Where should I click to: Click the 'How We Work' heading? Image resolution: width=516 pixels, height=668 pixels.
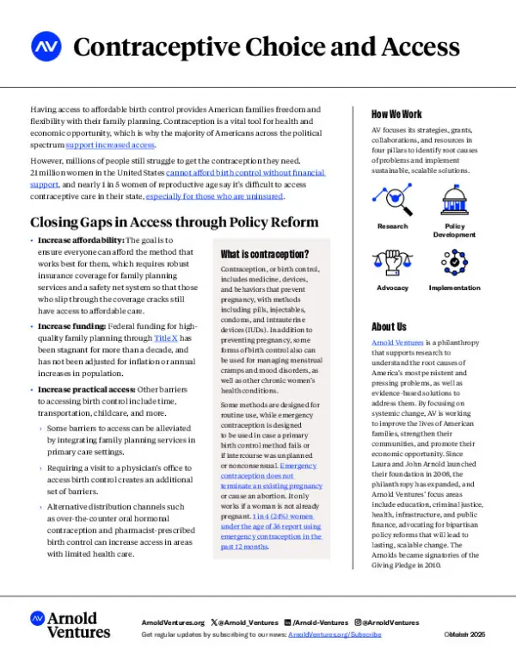[396, 114]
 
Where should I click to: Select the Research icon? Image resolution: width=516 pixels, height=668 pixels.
[392, 201]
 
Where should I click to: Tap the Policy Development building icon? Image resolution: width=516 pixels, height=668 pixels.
[454, 201]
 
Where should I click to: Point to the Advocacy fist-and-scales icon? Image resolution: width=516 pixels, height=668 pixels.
[392, 262]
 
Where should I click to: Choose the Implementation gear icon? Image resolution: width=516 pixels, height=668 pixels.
[454, 262]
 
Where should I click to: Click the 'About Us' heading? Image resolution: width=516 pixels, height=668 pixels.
[389, 326]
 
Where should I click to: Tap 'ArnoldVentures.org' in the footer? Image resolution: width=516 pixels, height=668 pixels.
[172, 622]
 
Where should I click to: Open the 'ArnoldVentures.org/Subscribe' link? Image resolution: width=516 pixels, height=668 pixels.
[335, 634]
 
